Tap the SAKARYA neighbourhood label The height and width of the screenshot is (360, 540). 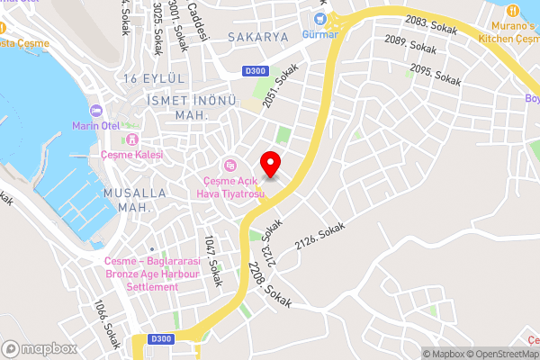257,37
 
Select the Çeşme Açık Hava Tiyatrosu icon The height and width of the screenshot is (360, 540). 229,165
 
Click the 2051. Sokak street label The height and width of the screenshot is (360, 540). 280,93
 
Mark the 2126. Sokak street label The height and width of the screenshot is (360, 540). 319,237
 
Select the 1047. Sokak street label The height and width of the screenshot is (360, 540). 212,261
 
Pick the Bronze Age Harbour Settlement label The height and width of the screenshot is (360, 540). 140,274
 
